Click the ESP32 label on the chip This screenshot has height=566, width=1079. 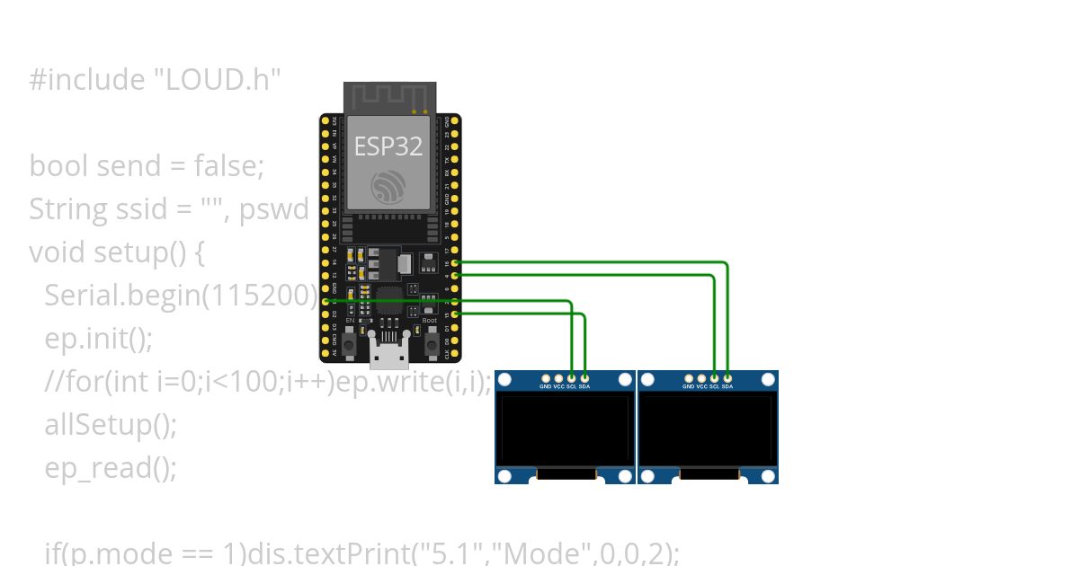tap(388, 146)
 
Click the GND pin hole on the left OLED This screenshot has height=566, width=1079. tap(546, 378)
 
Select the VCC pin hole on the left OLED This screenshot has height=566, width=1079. tap(559, 378)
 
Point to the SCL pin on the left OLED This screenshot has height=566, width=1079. tap(572, 378)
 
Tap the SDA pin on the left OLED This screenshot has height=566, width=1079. tap(585, 378)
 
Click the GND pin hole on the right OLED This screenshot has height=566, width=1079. tap(689, 378)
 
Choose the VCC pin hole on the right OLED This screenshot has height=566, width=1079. tap(701, 378)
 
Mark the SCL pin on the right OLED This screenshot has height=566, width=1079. tap(715, 378)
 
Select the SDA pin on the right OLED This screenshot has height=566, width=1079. tap(727, 378)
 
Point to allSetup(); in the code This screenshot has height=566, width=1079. tap(111, 424)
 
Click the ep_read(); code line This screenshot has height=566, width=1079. tap(111, 467)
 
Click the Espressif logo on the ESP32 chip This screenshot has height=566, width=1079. tap(389, 185)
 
